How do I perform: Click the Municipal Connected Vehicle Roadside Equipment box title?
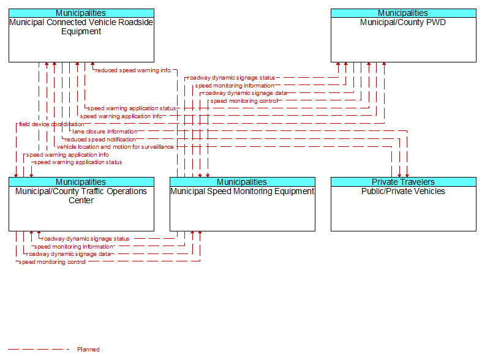pyautogui.click(x=81, y=27)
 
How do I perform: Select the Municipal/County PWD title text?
pyautogui.click(x=403, y=22)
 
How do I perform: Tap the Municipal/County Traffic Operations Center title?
pyautogui.click(x=81, y=196)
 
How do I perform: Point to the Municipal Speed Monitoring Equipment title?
pyautogui.click(x=243, y=191)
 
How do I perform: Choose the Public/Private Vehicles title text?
pyautogui.click(x=403, y=191)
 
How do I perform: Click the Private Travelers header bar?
pyautogui.click(x=404, y=182)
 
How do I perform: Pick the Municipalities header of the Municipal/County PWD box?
pyautogui.click(x=404, y=13)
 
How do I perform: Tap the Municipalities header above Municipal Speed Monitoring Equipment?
pyautogui.click(x=243, y=182)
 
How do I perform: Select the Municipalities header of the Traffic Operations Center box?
pyautogui.click(x=81, y=182)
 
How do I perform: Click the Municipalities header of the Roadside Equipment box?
pyautogui.click(x=81, y=13)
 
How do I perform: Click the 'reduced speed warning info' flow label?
pyautogui.click(x=133, y=70)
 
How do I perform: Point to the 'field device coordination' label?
pyautogui.click(x=51, y=124)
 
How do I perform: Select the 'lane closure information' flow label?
pyautogui.click(x=105, y=132)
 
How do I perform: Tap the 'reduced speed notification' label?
pyautogui.click(x=100, y=140)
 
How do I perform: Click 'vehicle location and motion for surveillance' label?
pyautogui.click(x=115, y=147)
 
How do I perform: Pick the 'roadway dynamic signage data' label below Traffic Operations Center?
pyautogui.click(x=68, y=254)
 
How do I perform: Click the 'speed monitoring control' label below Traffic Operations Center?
pyautogui.click(x=52, y=262)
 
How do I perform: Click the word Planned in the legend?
pyautogui.click(x=88, y=349)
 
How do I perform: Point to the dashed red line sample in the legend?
pyautogui.click(x=39, y=349)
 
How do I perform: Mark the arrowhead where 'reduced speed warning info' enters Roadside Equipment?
pyautogui.click(x=92, y=64)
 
